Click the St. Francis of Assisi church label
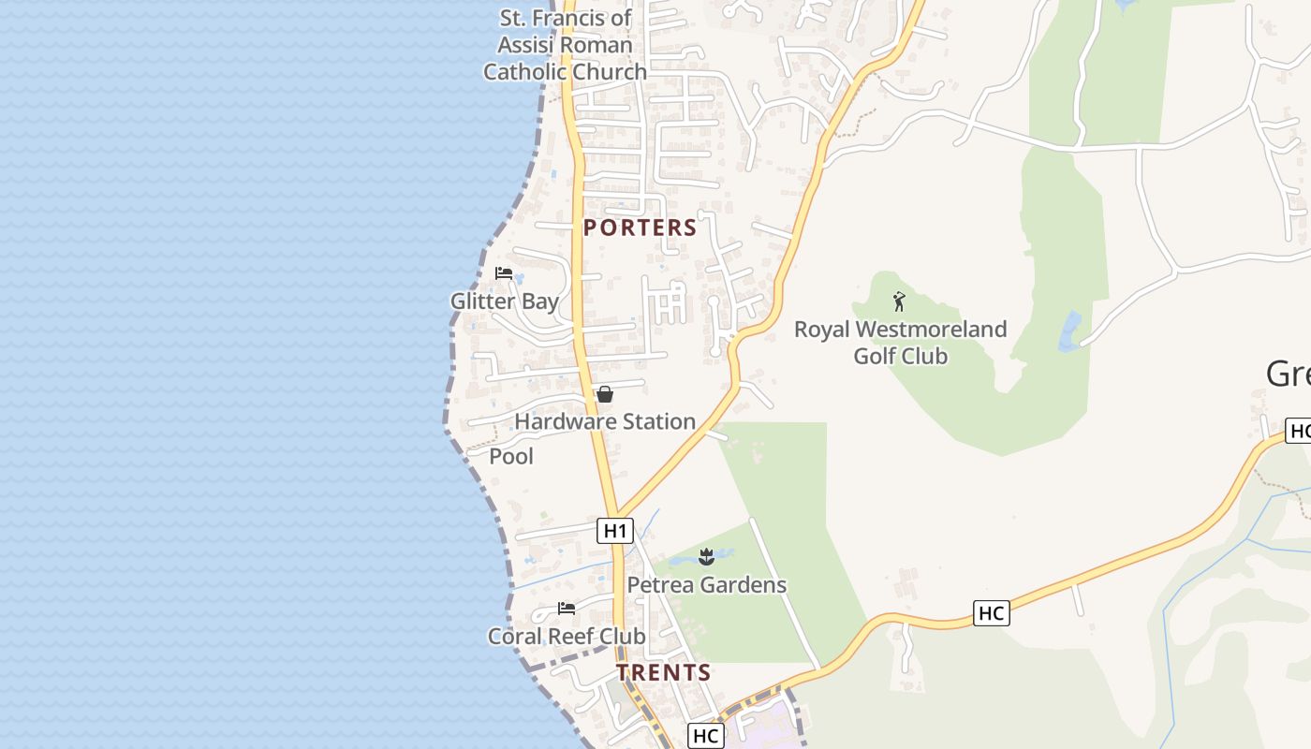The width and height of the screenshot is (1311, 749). point(565,45)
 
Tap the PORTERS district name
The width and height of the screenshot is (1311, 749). point(641,228)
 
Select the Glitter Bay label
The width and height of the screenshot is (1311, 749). point(505,301)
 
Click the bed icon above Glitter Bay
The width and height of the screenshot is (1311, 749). point(504,273)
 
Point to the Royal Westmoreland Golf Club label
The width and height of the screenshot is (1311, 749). point(900,343)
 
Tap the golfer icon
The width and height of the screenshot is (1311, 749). point(899,301)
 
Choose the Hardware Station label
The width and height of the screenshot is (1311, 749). point(605,421)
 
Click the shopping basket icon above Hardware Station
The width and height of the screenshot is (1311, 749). point(605,394)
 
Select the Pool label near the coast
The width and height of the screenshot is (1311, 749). point(511,456)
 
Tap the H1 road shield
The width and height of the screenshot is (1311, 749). point(614,531)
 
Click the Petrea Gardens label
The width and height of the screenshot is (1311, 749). point(706,585)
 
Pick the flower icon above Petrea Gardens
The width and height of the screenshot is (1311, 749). point(706,558)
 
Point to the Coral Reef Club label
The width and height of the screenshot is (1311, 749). point(567,636)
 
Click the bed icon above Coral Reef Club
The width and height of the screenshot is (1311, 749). point(567,609)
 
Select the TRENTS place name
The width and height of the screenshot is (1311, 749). point(664,673)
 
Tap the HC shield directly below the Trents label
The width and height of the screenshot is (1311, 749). point(705,736)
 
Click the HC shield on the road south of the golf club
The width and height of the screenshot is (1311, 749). point(991,613)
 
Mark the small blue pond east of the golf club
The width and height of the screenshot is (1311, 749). point(1069,331)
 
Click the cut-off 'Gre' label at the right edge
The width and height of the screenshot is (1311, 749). point(1289,374)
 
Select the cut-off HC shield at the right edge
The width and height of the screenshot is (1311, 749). point(1299,431)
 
